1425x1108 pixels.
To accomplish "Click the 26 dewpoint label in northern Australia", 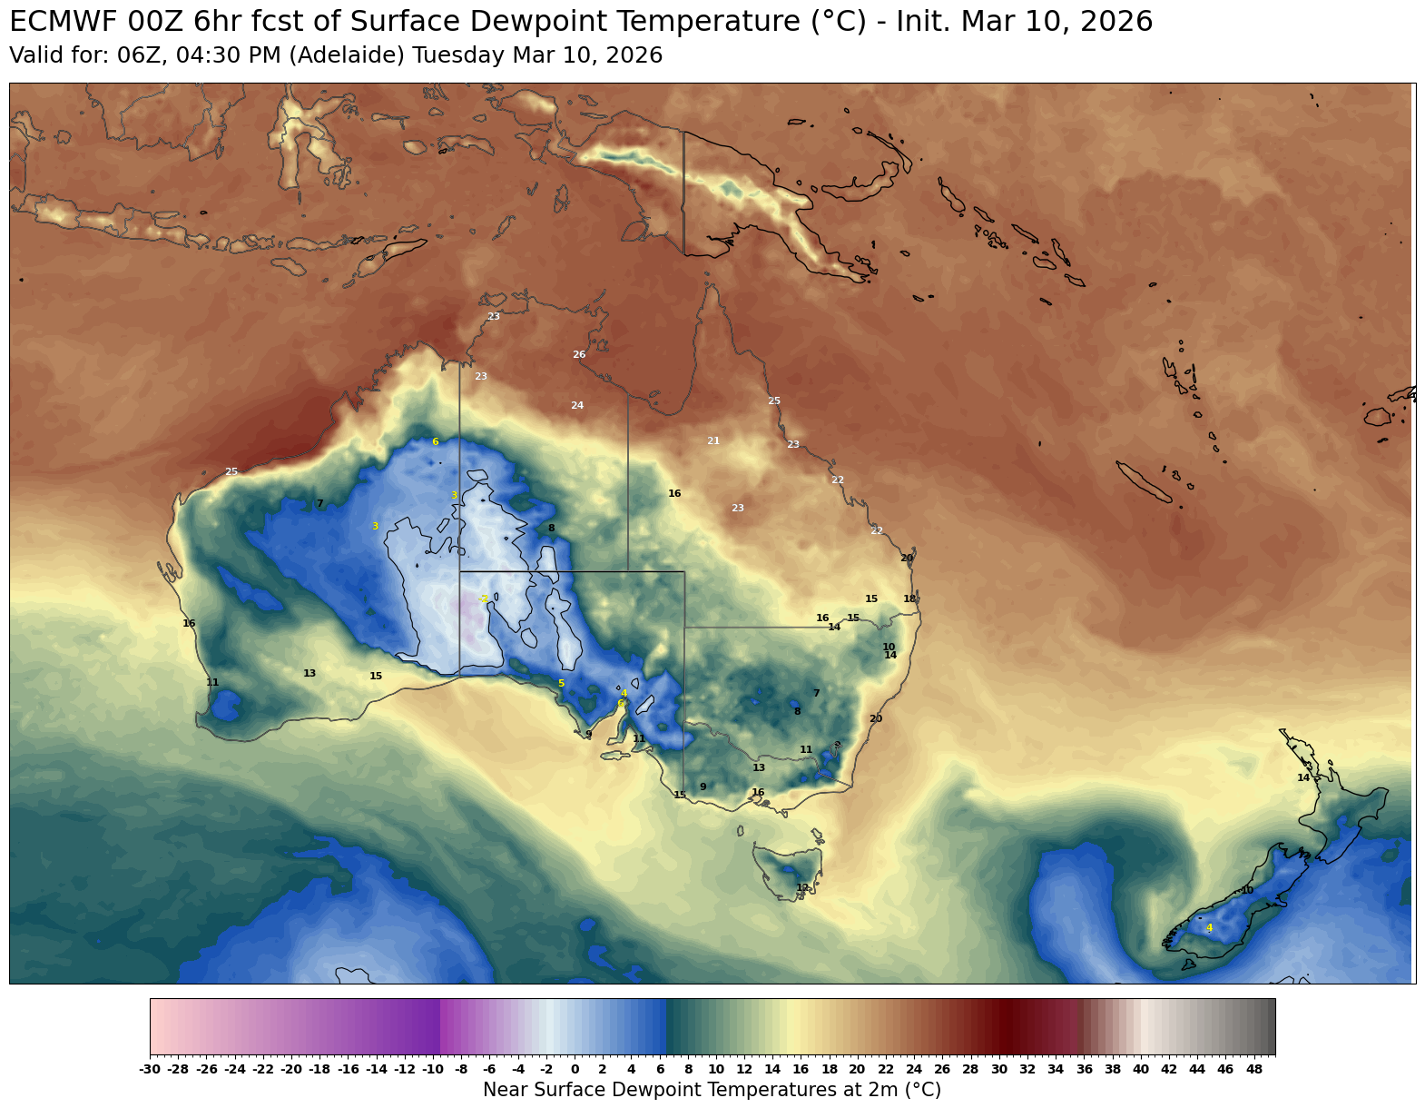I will tap(579, 354).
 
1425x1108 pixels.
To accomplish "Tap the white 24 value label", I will tap(577, 405).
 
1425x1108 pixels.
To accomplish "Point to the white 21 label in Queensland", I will tap(713, 440).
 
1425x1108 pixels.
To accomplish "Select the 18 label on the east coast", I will tap(909, 599).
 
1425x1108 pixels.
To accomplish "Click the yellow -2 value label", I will tap(485, 599).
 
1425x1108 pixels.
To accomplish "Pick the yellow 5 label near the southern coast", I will tap(561, 683).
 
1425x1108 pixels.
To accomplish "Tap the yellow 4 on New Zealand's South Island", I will tap(1209, 927).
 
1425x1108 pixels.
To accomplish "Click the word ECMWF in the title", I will tap(55, 21).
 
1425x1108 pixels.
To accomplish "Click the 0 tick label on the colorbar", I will tap(575, 1070).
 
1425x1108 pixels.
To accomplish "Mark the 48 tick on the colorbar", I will tap(1253, 1070).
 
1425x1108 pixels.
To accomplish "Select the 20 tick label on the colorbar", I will tap(857, 1070).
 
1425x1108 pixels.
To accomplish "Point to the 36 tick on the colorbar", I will tap(1084, 1070).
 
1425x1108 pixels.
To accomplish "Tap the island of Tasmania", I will tap(788, 867).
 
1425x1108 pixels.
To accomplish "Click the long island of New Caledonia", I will tap(1143, 481).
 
